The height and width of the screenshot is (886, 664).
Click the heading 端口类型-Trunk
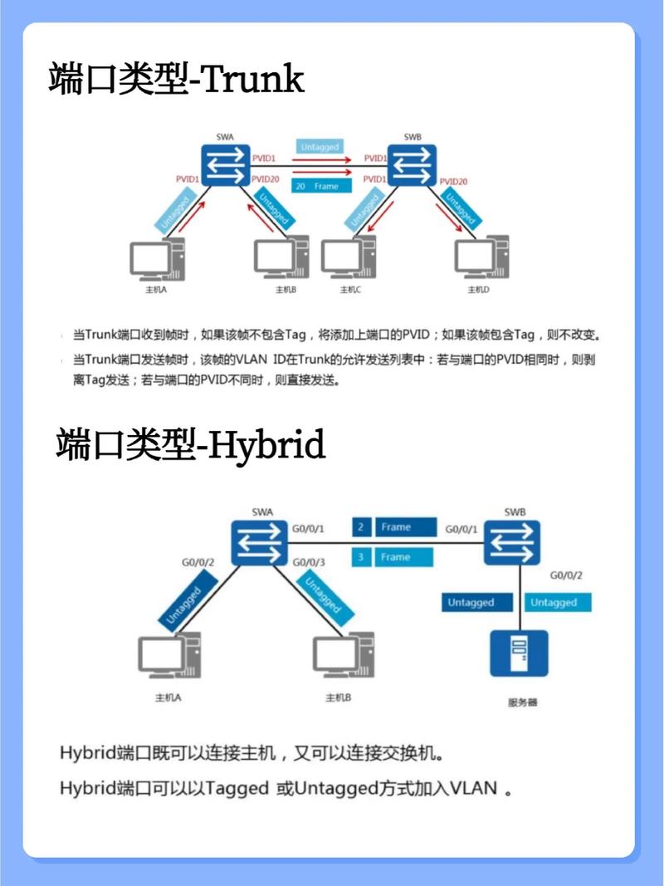(177, 81)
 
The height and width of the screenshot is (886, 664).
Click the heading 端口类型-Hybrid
(191, 445)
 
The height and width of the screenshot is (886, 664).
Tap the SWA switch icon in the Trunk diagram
(225, 165)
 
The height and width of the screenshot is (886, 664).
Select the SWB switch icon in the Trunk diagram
(413, 165)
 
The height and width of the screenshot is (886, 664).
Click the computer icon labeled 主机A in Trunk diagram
(156, 260)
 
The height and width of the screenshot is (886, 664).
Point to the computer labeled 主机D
(481, 258)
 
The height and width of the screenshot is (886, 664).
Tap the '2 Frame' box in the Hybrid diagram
(394, 527)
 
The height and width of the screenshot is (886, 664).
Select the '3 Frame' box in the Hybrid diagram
(394, 557)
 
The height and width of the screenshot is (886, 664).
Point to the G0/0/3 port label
(309, 563)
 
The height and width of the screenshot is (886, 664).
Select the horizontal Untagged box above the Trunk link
(320, 147)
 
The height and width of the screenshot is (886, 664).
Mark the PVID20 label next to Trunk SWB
(453, 181)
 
